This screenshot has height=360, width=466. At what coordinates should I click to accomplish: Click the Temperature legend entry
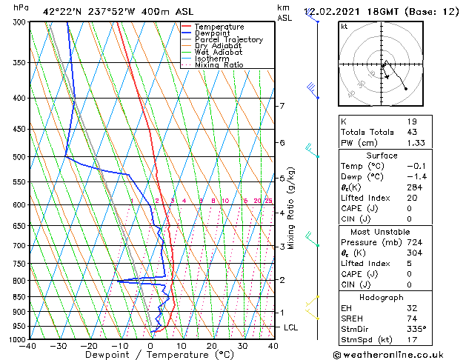[x=219, y=27]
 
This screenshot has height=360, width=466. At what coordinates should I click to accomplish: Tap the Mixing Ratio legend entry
[x=219, y=65]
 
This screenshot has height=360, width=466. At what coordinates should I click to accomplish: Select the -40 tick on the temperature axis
[x=29, y=345]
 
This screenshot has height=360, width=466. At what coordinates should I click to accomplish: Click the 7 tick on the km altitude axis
[x=282, y=106]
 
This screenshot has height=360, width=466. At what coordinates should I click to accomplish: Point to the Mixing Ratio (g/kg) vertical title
[x=292, y=207]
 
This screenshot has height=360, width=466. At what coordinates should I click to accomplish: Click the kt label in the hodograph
[x=344, y=26]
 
